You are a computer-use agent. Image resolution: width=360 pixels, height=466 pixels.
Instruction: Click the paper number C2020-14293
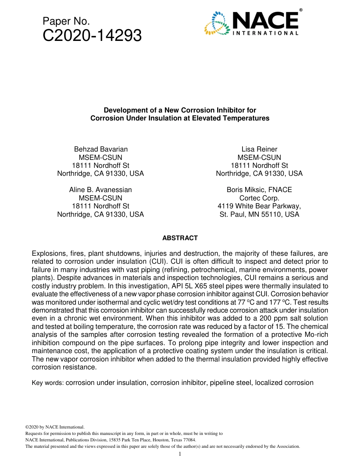92,36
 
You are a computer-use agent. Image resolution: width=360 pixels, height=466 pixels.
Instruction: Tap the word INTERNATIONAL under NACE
265,33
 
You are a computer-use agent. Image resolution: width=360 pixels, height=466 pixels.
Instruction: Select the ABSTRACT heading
180,238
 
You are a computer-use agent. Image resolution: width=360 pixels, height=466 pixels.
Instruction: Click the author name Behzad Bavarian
100,149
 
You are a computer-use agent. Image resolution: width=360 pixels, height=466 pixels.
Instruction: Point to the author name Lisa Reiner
259,149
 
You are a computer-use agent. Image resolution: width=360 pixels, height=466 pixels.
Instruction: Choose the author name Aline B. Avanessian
100,190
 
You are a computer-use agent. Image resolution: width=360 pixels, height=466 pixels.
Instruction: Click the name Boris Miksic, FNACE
259,190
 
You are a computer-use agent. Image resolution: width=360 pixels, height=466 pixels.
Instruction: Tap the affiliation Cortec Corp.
259,198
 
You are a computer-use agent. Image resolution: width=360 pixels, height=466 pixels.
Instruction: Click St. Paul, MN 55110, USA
259,214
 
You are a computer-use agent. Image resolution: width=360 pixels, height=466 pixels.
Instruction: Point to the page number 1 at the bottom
180,454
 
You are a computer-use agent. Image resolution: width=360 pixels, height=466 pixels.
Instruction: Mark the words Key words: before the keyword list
48,383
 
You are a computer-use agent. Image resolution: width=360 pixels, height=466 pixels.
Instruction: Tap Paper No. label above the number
66,22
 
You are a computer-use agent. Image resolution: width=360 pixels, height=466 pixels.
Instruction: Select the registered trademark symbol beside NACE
301,10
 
